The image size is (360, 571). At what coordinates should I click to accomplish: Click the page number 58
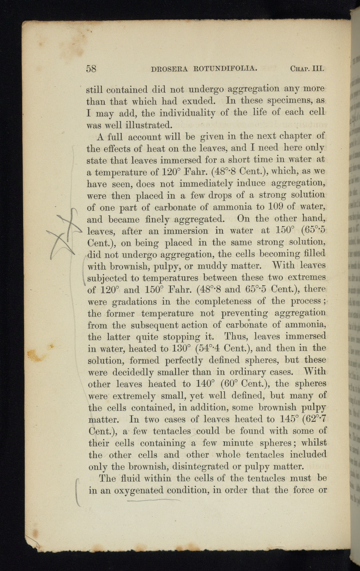[91, 68]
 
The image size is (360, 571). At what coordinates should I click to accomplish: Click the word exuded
[199, 101]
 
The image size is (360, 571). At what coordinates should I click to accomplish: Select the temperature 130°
[178, 348]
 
